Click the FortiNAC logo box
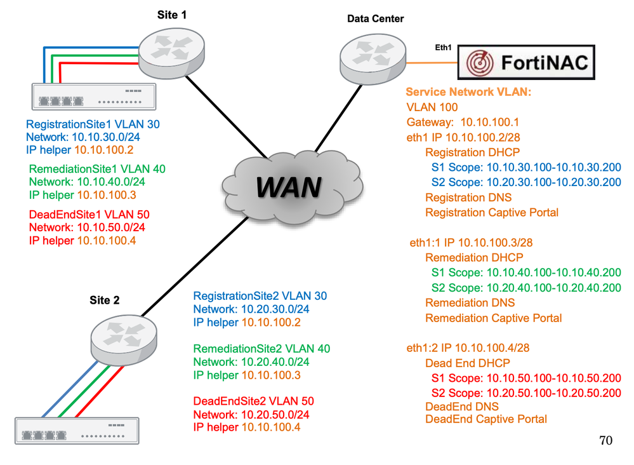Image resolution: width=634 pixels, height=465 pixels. pos(526,62)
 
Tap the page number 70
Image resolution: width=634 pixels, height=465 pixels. pos(605,440)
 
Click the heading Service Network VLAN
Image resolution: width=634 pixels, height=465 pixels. pos(468,93)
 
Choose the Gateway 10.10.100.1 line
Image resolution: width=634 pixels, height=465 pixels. pos(454,122)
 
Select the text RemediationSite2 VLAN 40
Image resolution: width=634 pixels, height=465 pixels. pos(261,349)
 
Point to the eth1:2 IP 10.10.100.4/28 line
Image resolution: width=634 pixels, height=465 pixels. pos(468,348)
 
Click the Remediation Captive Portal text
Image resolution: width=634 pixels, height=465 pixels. pos(493,318)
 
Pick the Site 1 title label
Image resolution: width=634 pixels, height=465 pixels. pos(172,15)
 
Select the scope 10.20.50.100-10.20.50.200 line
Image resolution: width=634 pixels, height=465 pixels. pos(525,393)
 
